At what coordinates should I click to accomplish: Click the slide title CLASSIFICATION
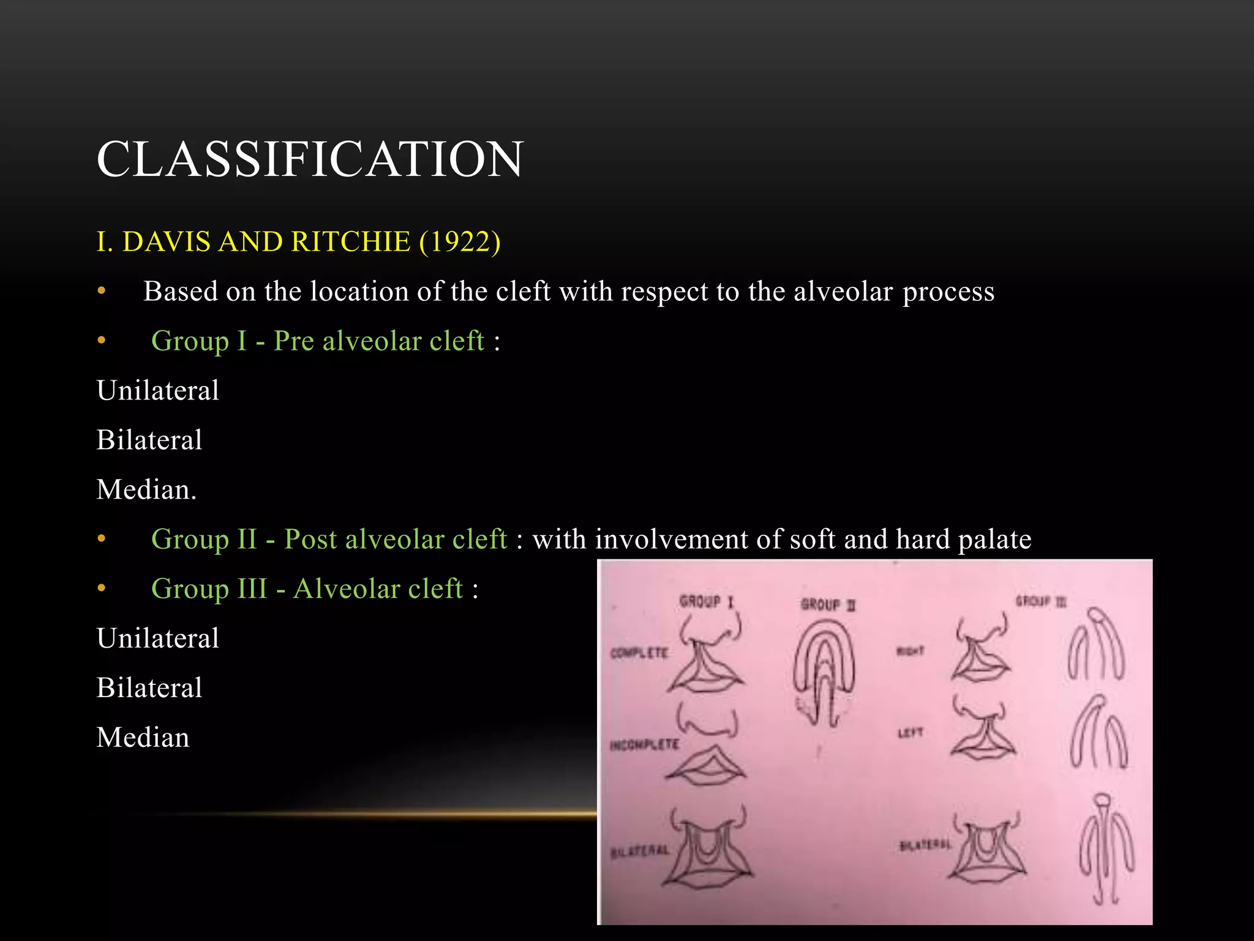[x=310, y=159]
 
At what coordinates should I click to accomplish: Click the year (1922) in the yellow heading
[x=460, y=241]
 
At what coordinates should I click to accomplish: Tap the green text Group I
[x=198, y=341]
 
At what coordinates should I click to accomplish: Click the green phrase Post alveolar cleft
[x=396, y=539]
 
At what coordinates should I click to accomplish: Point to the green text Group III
[x=209, y=589]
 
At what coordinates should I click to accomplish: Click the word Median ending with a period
[x=146, y=489]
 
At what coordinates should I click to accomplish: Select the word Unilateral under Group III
[x=157, y=638]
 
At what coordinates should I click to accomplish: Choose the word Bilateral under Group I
[x=149, y=440]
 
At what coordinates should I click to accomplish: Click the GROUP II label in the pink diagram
[x=828, y=605]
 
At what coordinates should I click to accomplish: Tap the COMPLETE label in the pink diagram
[x=639, y=653]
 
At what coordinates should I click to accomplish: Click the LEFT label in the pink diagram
[x=910, y=733]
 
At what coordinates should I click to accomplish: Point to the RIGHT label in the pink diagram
[x=910, y=651]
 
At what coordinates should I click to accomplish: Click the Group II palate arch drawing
[x=824, y=668]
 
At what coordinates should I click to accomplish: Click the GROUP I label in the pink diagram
[x=705, y=602]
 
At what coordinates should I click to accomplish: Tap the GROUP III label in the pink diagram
[x=1040, y=601]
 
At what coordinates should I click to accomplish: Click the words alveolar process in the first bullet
[x=894, y=292]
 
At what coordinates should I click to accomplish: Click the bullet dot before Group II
[x=102, y=539]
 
